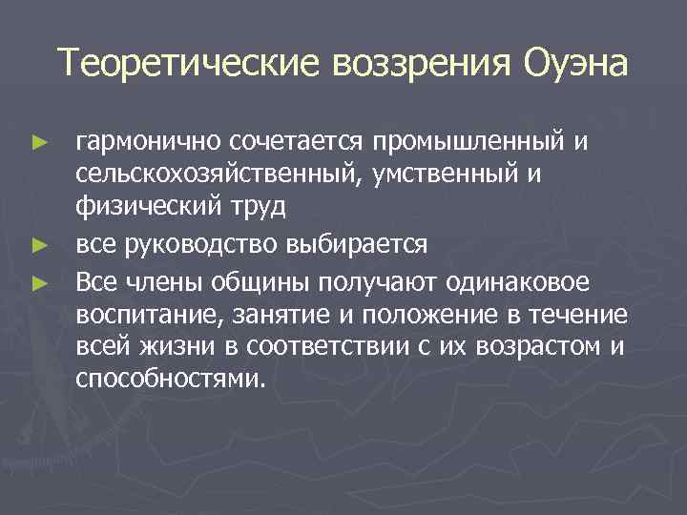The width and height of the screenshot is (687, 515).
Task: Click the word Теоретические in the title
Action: pyautogui.click(x=188, y=65)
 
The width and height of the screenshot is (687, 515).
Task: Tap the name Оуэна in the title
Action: pyautogui.click(x=576, y=65)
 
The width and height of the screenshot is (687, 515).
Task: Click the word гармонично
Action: pyautogui.click(x=150, y=141)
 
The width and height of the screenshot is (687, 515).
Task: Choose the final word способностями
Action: pyautogui.click(x=168, y=380)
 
